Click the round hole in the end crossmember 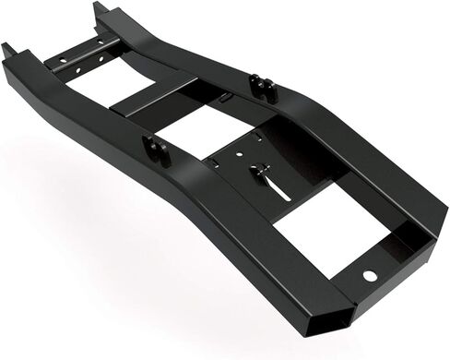(369, 277)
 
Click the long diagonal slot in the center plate (276, 187)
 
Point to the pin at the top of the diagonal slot (263, 171)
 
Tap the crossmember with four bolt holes (84, 58)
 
